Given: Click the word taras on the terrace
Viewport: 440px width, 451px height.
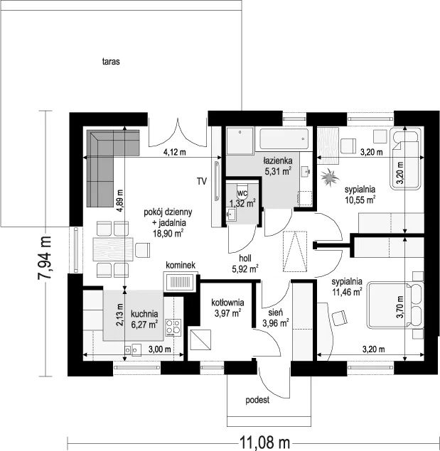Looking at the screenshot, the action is (x=111, y=62).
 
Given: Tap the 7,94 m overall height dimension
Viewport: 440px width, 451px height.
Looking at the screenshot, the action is (x=45, y=257).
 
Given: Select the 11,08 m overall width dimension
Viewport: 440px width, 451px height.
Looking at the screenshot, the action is (x=264, y=442).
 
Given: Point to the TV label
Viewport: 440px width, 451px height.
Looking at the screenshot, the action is (x=202, y=182).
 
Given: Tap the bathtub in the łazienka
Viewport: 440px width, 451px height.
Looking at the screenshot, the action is (x=284, y=139).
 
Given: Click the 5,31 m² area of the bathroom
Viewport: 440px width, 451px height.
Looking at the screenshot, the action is (x=278, y=172).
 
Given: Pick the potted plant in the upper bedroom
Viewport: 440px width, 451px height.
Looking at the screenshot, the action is (x=329, y=178).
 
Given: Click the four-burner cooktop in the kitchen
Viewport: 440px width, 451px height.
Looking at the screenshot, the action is (x=173, y=327).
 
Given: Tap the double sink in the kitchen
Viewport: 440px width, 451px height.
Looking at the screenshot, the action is (x=132, y=349).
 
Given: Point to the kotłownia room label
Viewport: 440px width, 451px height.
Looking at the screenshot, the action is (x=227, y=303).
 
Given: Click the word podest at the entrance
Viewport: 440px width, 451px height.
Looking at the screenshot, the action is (x=257, y=400).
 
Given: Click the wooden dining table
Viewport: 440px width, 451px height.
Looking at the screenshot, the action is (x=113, y=249).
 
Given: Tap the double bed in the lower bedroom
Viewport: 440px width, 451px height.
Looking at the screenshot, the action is (x=395, y=305).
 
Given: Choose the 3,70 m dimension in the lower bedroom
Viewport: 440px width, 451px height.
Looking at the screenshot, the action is (x=399, y=307).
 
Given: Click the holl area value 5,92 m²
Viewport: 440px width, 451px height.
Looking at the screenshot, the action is (x=245, y=269).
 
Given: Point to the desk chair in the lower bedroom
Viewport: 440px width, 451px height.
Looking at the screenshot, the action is (x=340, y=318).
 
